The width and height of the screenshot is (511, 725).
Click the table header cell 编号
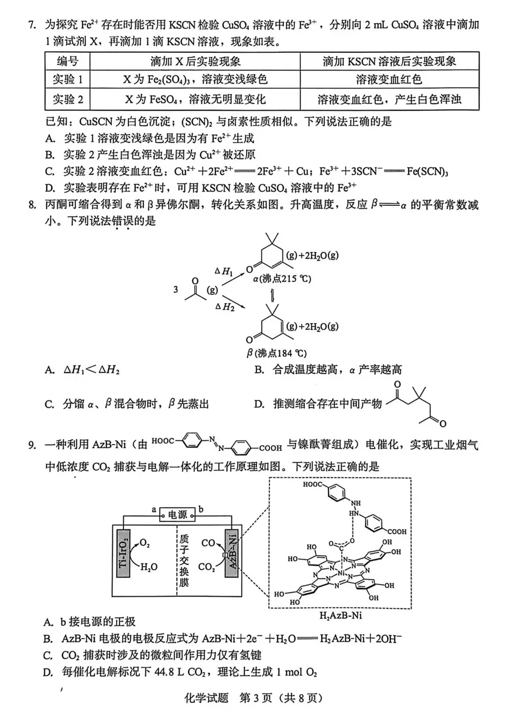click(x=68, y=61)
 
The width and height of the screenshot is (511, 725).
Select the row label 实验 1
click(x=68, y=80)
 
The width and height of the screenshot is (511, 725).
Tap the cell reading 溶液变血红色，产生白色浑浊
click(x=389, y=100)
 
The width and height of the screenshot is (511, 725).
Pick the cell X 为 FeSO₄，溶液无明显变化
click(x=195, y=100)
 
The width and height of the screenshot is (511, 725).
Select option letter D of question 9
click(x=48, y=673)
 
